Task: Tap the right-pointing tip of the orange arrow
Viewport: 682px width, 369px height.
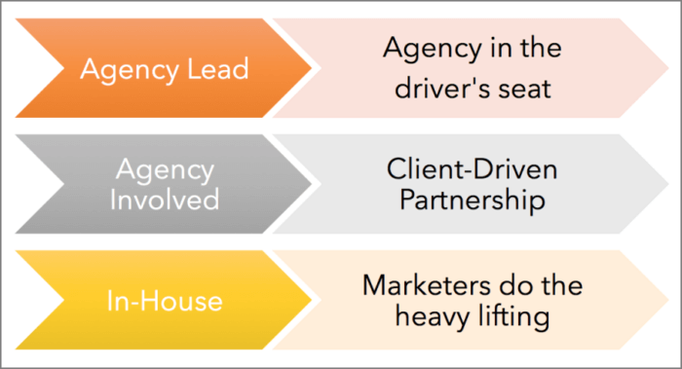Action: tap(314, 68)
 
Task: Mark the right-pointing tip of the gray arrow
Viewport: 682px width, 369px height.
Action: tap(314, 185)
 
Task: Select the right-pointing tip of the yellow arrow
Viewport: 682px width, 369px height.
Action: tap(314, 302)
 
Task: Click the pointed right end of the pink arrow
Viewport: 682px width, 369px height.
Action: tap(666, 68)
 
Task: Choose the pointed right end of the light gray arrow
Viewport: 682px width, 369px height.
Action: tap(666, 185)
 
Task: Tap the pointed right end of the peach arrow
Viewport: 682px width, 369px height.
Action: tap(666, 302)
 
